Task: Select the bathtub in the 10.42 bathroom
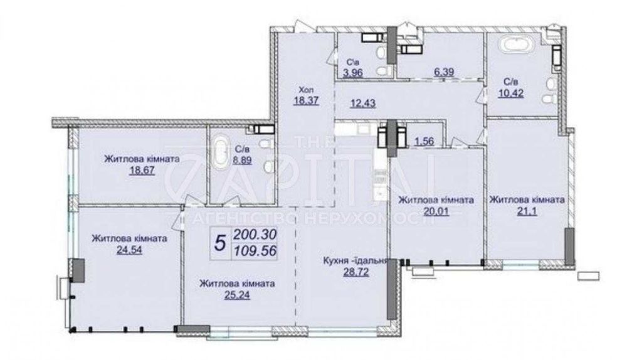pos(514,46)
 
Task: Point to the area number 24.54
pos(129,250)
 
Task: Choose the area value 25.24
pos(236,294)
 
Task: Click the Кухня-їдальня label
pos(356,261)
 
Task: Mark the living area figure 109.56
pos(254,251)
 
